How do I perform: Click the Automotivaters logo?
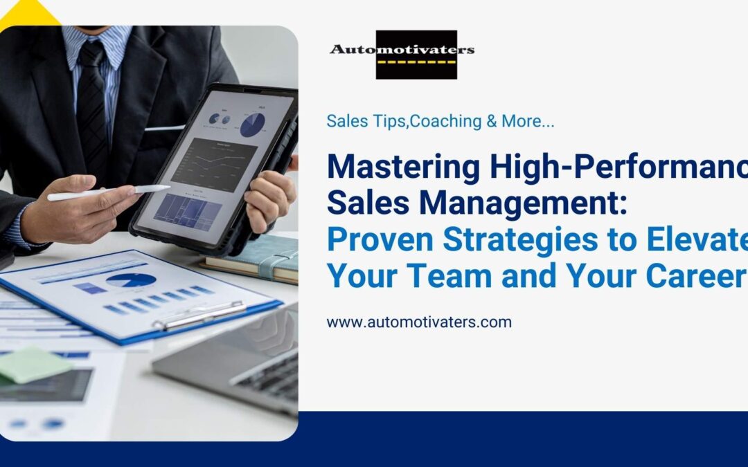[402, 54]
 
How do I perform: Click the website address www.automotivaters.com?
[419, 322]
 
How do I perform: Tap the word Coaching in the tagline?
[445, 121]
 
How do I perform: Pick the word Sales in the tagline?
[347, 121]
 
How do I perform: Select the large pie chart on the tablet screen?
[252, 125]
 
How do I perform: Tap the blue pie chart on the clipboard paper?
[131, 280]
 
